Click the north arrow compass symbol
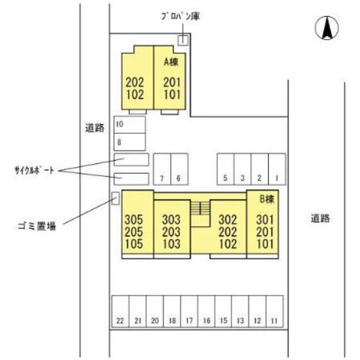(x=327, y=28)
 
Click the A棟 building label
(x=171, y=62)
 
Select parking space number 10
(x=129, y=124)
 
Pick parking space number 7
(x=163, y=170)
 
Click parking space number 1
(x=277, y=170)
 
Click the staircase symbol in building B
(x=201, y=208)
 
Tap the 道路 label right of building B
(x=319, y=218)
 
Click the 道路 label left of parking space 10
(x=94, y=127)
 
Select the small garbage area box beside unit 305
(x=116, y=198)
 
